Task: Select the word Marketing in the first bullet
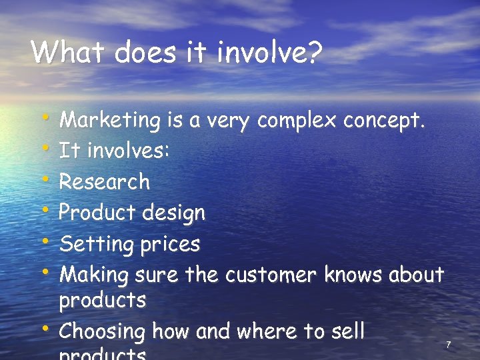(x=110, y=121)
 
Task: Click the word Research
(x=105, y=181)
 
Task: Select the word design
(x=175, y=213)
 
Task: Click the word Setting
(x=97, y=244)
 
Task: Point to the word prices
(x=170, y=245)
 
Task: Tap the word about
(x=417, y=274)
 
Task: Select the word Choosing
(x=102, y=331)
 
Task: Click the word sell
(x=347, y=331)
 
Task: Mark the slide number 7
(x=448, y=345)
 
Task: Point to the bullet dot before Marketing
(x=46, y=117)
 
